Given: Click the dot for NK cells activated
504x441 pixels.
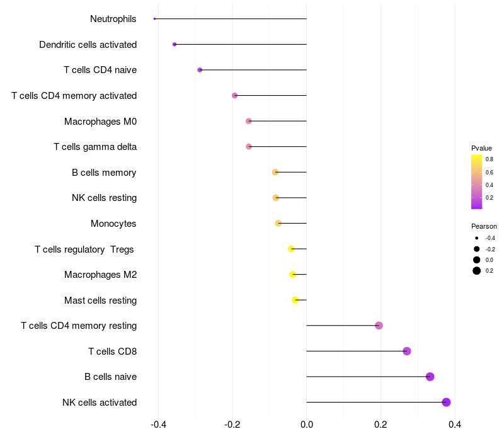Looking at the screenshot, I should click(446, 402).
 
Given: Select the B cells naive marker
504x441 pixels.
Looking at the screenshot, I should click(430, 377).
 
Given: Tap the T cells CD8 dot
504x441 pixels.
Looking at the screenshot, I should click(407, 351).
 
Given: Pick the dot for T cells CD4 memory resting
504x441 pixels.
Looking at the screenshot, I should click(379, 326).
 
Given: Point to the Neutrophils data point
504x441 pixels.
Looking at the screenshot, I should click(154, 19).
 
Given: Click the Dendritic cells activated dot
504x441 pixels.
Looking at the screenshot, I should click(175, 44).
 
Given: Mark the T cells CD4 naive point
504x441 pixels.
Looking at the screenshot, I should click(200, 70).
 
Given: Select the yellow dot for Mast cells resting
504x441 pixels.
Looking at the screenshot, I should click(295, 300).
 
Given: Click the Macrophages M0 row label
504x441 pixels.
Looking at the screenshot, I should click(100, 121).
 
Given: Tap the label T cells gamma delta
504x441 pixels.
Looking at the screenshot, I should click(95, 147).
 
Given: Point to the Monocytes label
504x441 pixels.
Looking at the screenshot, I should click(113, 224).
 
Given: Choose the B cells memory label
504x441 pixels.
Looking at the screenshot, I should click(104, 173).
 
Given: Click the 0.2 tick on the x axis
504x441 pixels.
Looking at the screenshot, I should click(381, 425).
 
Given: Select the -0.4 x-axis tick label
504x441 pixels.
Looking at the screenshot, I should click(158, 425).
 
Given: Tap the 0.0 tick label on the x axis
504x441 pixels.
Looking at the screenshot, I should click(306, 425).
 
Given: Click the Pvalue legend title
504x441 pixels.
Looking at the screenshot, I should click(481, 148).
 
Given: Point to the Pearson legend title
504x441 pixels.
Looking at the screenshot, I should click(484, 226).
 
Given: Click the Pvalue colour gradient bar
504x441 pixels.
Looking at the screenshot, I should click(477, 181).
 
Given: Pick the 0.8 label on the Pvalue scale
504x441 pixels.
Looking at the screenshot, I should click(489, 159).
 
